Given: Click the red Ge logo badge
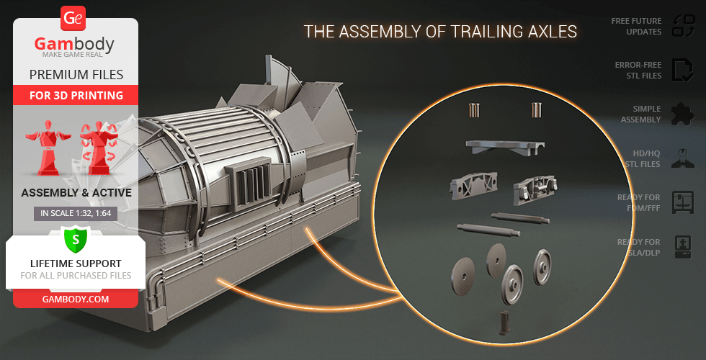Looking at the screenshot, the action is click(x=73, y=19).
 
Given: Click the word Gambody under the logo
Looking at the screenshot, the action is click(x=74, y=44).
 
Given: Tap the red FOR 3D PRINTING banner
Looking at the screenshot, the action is click(x=76, y=95).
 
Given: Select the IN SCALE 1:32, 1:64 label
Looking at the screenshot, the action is click(x=76, y=213).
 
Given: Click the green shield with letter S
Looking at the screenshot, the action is click(x=76, y=240).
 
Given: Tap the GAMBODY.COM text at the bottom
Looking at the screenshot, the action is click(x=76, y=299).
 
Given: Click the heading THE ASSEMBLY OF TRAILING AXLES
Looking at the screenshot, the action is click(x=440, y=32).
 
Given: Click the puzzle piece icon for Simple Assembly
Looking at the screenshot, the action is click(x=683, y=114).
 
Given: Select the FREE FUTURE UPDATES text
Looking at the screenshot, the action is click(x=636, y=26).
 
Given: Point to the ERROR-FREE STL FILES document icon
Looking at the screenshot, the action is click(x=683, y=70).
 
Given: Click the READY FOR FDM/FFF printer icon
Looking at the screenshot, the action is click(x=683, y=202).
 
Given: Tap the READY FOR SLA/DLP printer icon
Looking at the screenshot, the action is click(x=683, y=247).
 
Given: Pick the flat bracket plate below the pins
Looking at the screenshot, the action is click(x=505, y=147).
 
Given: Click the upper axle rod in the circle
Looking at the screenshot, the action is click(x=520, y=218).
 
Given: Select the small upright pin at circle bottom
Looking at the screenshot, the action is click(x=503, y=323).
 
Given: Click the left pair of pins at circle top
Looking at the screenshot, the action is click(x=474, y=110).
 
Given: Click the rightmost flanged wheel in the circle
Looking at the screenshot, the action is click(x=542, y=268).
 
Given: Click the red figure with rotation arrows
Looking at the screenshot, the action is click(x=99, y=147).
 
